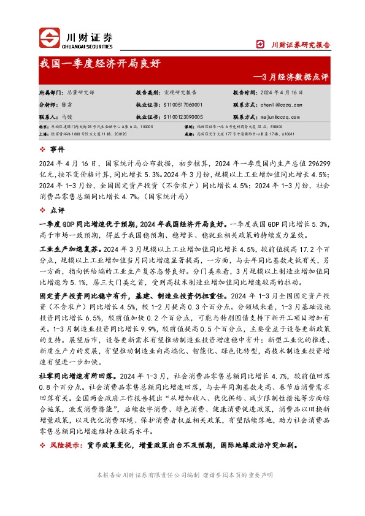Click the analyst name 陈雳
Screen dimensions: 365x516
(66, 105)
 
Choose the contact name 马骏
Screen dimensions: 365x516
(66, 116)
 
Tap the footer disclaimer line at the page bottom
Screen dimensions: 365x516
(182, 475)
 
